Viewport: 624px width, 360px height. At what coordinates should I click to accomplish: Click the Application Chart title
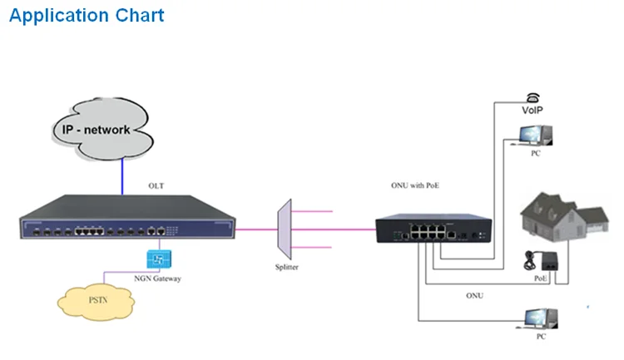click(x=87, y=15)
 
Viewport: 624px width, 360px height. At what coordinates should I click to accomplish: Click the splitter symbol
click(x=284, y=225)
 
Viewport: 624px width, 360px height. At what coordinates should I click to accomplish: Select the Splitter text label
click(x=286, y=267)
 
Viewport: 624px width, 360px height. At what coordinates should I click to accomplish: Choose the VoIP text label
click(x=533, y=110)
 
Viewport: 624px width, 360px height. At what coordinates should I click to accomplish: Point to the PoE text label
click(x=542, y=279)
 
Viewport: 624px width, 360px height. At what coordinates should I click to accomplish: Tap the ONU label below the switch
click(x=473, y=295)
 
